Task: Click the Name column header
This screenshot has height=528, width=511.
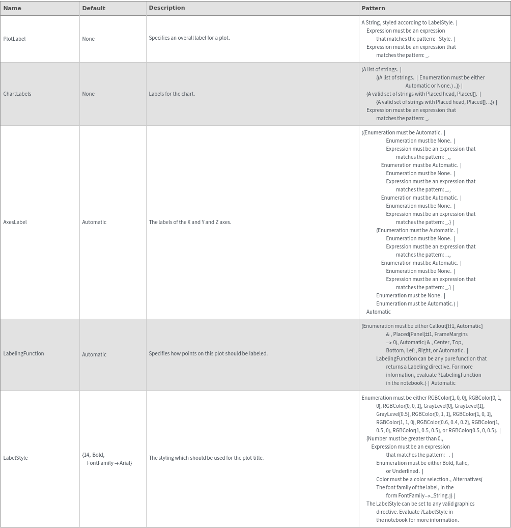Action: coord(12,8)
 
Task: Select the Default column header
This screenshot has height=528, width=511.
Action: coord(94,8)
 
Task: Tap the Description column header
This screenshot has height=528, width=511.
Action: coord(167,8)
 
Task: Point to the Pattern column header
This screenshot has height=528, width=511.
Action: coord(373,8)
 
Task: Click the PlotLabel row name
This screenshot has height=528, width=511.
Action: coord(14,39)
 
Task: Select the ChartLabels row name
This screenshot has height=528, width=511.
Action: coord(17,94)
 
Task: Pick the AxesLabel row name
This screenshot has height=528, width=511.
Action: coord(15,222)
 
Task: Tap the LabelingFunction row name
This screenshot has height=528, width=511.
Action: coord(23,353)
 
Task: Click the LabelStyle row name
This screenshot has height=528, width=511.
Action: coord(15,458)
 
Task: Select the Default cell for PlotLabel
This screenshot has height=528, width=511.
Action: coord(88,39)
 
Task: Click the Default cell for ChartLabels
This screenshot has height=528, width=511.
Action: coord(88,94)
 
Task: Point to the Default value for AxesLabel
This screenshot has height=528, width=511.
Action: coord(94,222)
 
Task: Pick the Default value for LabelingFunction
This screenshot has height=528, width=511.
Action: coord(94,354)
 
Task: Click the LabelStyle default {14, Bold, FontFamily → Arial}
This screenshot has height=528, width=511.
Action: coord(107,459)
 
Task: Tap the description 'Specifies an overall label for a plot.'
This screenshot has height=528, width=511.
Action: coord(189,38)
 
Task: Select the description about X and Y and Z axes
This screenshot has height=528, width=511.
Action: coord(190,222)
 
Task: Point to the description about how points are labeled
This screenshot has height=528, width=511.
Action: coord(208,353)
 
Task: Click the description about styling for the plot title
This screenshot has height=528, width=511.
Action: coord(206,458)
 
